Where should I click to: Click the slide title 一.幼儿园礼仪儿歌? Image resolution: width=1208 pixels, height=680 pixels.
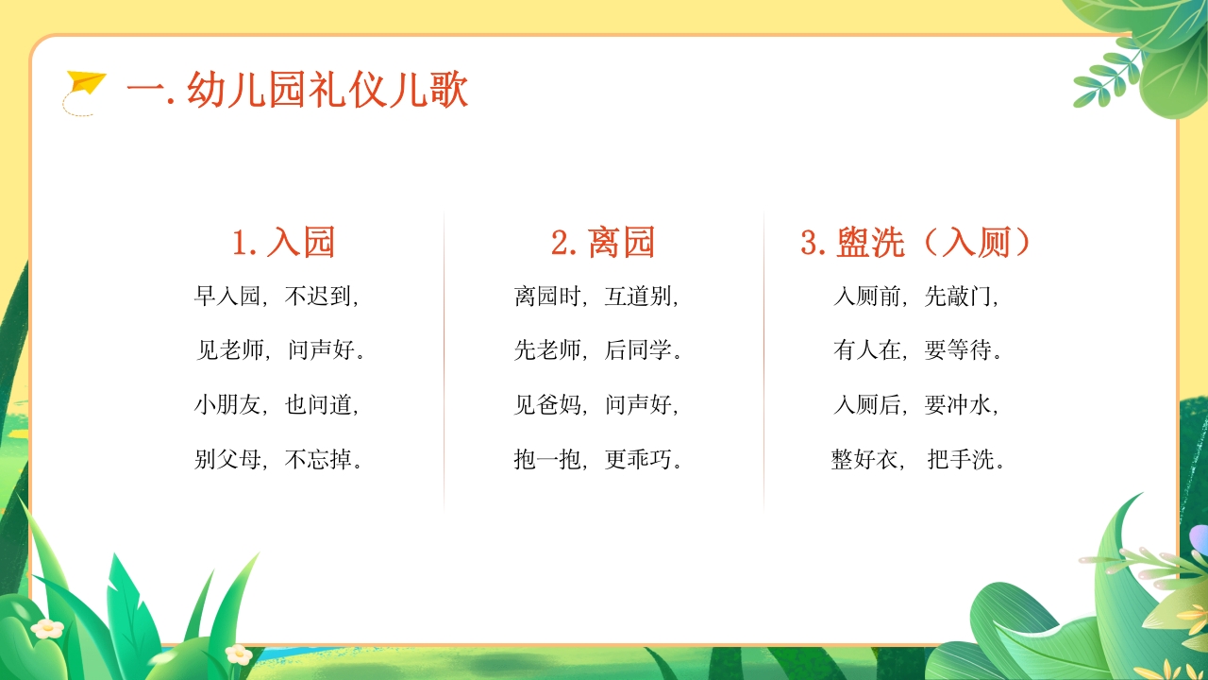click(297, 93)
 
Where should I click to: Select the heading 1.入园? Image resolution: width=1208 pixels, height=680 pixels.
click(284, 243)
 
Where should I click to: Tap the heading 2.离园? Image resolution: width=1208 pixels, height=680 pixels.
click(603, 243)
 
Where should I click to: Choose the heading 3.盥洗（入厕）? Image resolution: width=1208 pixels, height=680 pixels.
click(916, 243)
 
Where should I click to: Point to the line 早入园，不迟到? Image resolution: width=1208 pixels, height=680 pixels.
click(277, 297)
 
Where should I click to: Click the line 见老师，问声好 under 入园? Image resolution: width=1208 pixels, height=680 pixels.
click(280, 351)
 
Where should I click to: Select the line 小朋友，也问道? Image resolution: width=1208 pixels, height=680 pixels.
click(277, 405)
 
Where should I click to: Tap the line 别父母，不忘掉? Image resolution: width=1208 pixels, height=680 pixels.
click(279, 460)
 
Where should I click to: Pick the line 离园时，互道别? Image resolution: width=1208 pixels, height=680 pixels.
click(597, 297)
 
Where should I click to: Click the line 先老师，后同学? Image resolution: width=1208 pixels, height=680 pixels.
click(598, 351)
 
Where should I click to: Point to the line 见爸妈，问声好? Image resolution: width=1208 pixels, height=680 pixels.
click(597, 405)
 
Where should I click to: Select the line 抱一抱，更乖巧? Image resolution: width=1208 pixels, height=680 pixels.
click(598, 460)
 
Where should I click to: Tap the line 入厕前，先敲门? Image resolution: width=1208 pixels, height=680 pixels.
click(916, 297)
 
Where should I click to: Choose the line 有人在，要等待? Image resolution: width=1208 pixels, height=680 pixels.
click(918, 351)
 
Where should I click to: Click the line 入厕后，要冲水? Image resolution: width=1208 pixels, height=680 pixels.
click(916, 405)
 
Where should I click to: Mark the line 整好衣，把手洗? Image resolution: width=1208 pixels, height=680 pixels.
click(918, 460)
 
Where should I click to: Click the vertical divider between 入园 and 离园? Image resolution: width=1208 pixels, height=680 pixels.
click(444, 359)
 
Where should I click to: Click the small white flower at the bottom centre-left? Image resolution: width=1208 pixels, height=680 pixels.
click(239, 654)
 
